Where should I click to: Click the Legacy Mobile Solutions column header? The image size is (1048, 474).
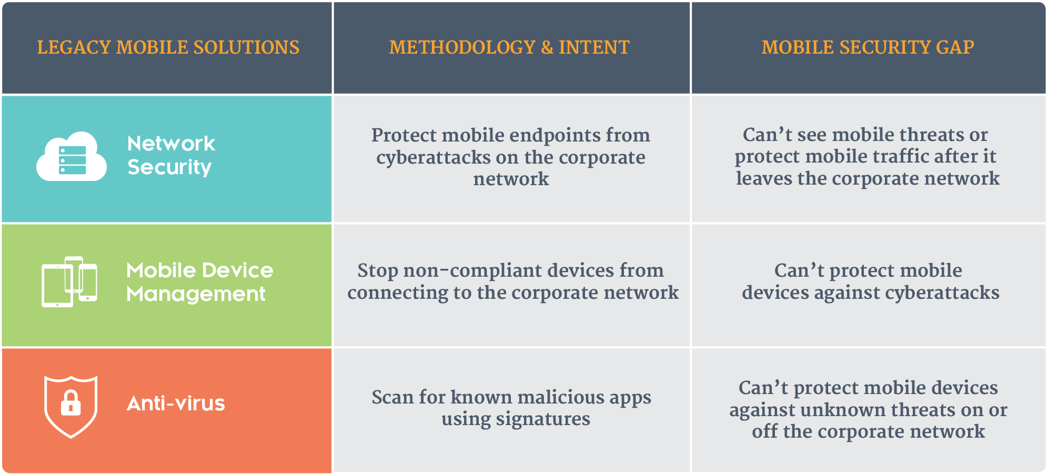coord(168,47)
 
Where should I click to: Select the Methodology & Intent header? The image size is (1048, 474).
coord(509,47)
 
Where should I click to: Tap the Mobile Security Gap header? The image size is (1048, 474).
coord(868,47)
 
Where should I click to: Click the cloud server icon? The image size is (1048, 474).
coord(72,156)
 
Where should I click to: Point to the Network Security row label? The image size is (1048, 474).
coord(171,155)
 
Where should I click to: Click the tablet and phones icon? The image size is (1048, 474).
coord(69,281)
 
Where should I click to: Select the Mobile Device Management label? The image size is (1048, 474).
coord(200,282)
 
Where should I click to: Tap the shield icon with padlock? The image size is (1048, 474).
coord(70,406)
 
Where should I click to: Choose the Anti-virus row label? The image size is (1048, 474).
coord(176,404)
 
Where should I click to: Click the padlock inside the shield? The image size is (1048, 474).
coord(70,404)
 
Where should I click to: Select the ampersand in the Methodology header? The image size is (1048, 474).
coord(547,47)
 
